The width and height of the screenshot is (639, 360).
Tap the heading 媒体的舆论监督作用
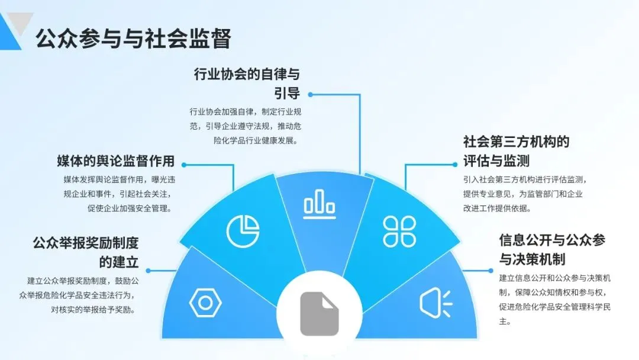[x=115, y=161]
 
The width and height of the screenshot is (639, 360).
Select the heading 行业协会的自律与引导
[x=247, y=83]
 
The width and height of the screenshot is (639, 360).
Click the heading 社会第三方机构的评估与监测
[x=516, y=151]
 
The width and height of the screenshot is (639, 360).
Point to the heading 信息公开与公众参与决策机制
[x=552, y=249]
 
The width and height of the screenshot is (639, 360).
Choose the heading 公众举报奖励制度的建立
[x=85, y=252]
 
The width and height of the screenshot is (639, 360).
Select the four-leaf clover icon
[x=399, y=230]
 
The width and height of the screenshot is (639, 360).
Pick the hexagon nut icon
[x=205, y=303]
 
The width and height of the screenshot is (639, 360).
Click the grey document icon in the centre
[x=319, y=314]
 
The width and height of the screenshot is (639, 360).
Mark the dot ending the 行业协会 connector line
[x=310, y=94]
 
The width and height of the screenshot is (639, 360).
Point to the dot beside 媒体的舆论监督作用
[x=182, y=164]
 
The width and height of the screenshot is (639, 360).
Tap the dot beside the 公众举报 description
[x=148, y=271]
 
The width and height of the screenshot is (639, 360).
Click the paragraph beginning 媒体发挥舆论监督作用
[x=115, y=193]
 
